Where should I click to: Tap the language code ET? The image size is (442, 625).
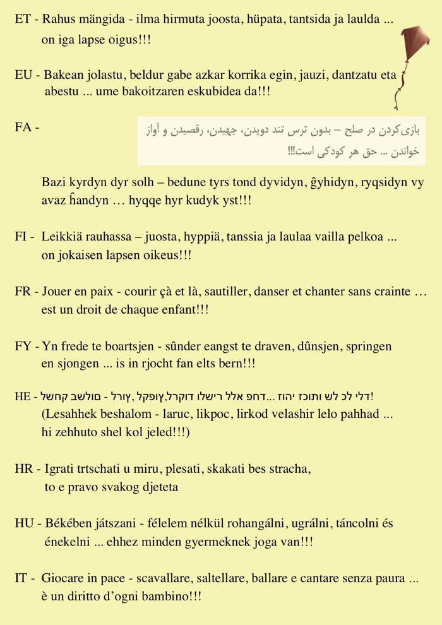[x=23, y=20]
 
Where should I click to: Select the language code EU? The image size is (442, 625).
[x=23, y=75]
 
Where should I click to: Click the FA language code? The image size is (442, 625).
[x=23, y=128]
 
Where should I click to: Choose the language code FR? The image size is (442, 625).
[x=23, y=292]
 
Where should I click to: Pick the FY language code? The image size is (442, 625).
[x=23, y=346]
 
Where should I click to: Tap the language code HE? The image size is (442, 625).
[x=22, y=396]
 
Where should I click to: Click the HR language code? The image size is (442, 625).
[x=23, y=469]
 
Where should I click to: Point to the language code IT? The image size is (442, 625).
[x=21, y=578]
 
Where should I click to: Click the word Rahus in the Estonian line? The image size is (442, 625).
[x=58, y=20]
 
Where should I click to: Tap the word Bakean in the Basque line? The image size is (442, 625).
[x=62, y=75]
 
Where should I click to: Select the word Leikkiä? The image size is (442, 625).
[x=61, y=238]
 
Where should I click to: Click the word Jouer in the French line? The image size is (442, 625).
[x=57, y=292]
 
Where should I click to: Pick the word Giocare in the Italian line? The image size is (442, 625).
[x=63, y=578]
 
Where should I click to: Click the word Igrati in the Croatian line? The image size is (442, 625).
[x=59, y=470]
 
